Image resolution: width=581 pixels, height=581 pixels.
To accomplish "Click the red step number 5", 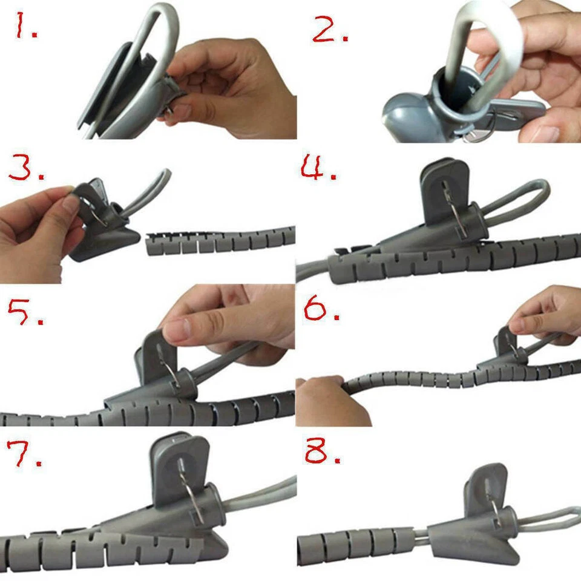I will point(24,313).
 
